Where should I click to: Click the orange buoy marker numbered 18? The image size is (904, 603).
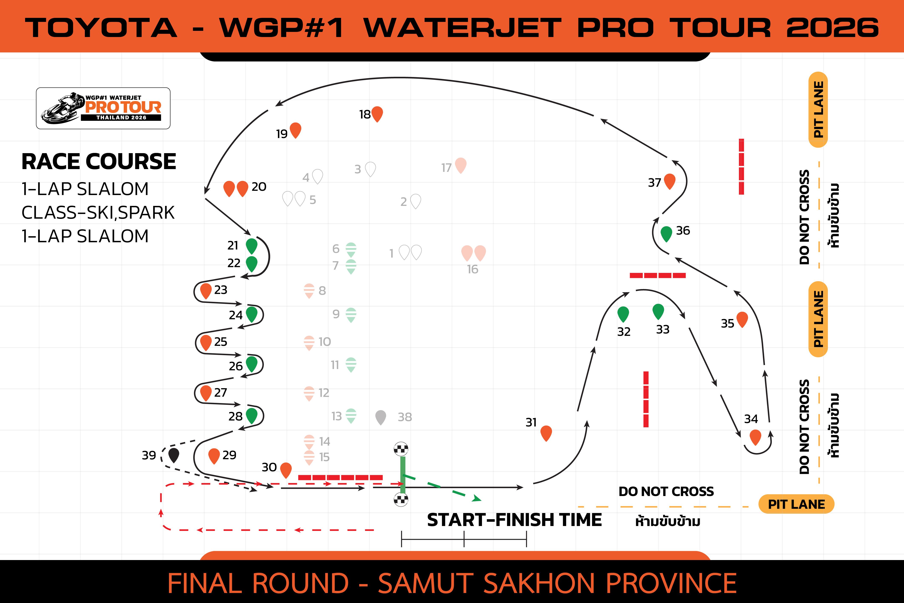[377, 114]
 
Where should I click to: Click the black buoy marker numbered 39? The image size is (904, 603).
[174, 455]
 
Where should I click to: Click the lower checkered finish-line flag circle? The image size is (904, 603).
[401, 500]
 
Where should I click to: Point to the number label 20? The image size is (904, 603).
[259, 187]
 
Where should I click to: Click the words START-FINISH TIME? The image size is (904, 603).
[514, 520]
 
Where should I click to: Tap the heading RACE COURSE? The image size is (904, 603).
[99, 161]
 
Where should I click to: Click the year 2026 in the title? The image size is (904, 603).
[833, 28]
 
